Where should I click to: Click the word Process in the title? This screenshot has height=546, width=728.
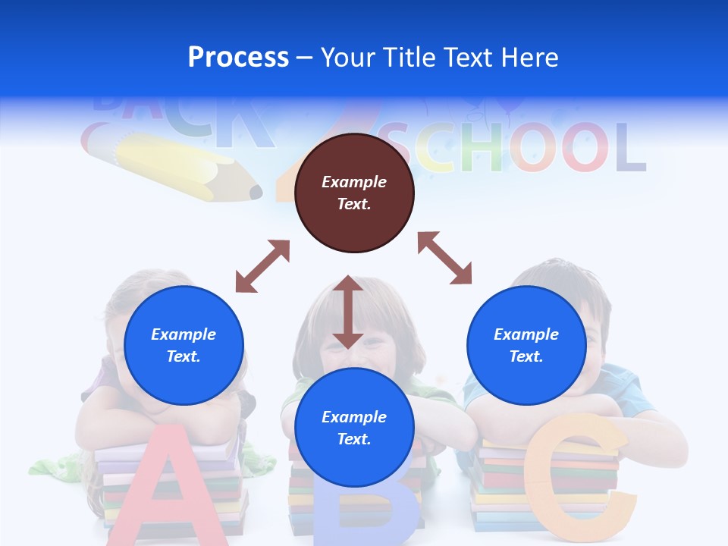pyautogui.click(x=238, y=58)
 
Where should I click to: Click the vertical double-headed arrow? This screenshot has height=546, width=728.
pyautogui.click(x=347, y=312)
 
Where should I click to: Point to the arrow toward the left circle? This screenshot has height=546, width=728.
pyautogui.click(x=262, y=266)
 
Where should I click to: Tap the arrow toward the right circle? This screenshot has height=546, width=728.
pyautogui.click(x=445, y=258)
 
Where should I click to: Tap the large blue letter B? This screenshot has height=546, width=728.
pyautogui.click(x=364, y=516)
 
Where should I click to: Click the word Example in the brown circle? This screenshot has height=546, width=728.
pyautogui.click(x=354, y=182)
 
